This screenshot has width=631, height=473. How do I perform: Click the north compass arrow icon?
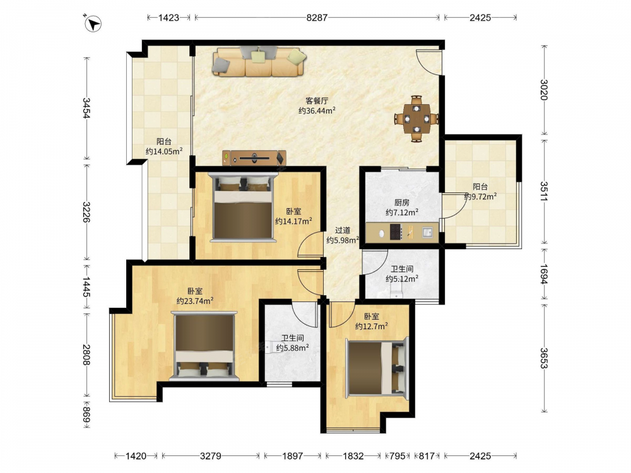tap(93, 24)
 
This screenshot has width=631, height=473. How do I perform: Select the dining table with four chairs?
tap(416, 119)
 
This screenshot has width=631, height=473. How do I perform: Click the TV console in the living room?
tap(254, 158)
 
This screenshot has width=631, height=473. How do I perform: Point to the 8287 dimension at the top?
tap(317, 17)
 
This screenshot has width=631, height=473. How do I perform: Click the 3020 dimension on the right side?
tap(544, 90)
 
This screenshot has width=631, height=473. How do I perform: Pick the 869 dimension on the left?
tap(86, 414)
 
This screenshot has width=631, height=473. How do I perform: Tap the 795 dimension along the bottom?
tap(397, 456)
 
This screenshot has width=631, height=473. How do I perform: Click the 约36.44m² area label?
tap(317, 110)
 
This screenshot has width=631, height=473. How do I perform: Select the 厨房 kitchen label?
tap(401, 202)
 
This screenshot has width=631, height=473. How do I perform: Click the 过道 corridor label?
tap(343, 230)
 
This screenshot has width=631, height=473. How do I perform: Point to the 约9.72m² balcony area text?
tap(480, 196)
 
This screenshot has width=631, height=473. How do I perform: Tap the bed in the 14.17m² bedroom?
tap(244, 207)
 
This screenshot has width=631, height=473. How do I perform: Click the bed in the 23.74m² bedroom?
tap(204, 346)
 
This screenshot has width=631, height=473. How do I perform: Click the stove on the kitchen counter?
tap(396, 232)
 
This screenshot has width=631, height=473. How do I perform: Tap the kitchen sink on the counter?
tap(427, 232)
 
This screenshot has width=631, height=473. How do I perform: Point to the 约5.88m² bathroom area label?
tap(293, 348)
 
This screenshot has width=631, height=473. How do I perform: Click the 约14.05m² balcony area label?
tap(164, 151)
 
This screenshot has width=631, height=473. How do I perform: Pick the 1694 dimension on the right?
tap(544, 274)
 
